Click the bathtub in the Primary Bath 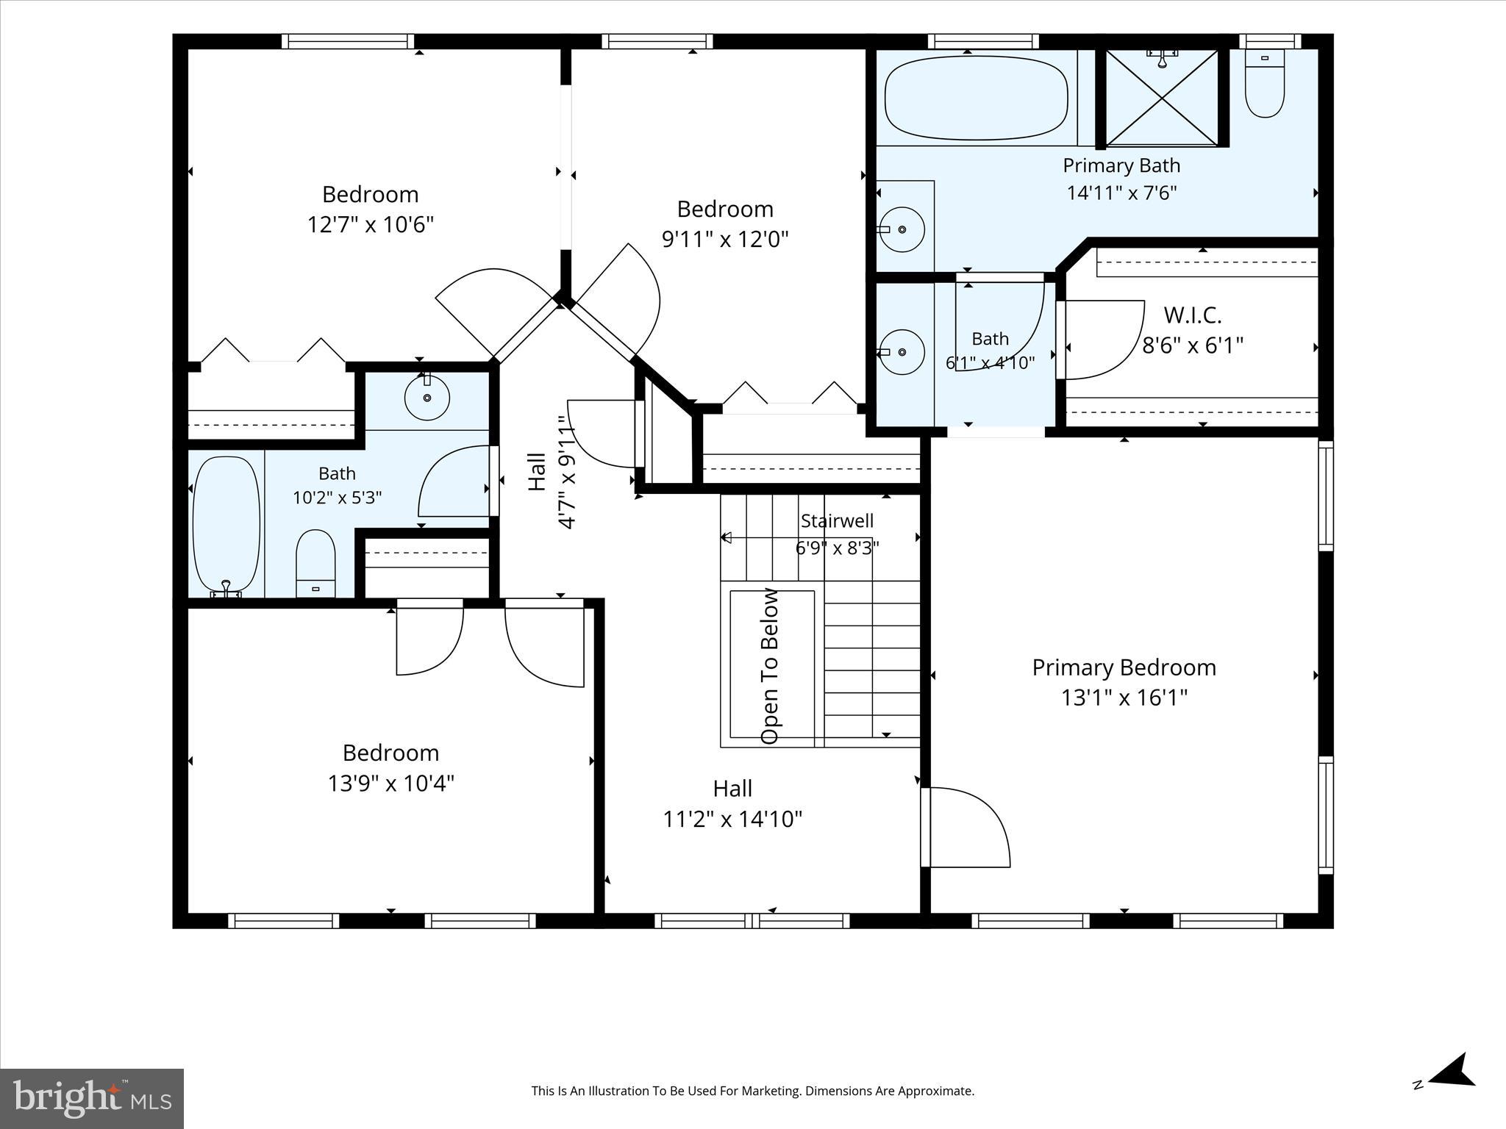977,98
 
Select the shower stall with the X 1162,98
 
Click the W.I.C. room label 1192,315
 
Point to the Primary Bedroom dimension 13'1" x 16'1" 1124,697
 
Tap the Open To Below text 769,666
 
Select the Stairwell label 837,521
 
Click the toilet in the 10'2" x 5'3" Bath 315,564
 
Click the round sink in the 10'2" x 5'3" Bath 427,397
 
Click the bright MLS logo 92,1098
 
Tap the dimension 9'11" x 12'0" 725,239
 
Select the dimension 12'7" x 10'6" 371,223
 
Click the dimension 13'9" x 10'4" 390,783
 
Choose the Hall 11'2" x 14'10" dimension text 732,818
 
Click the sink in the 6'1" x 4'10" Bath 902,352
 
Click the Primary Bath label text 1121,165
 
